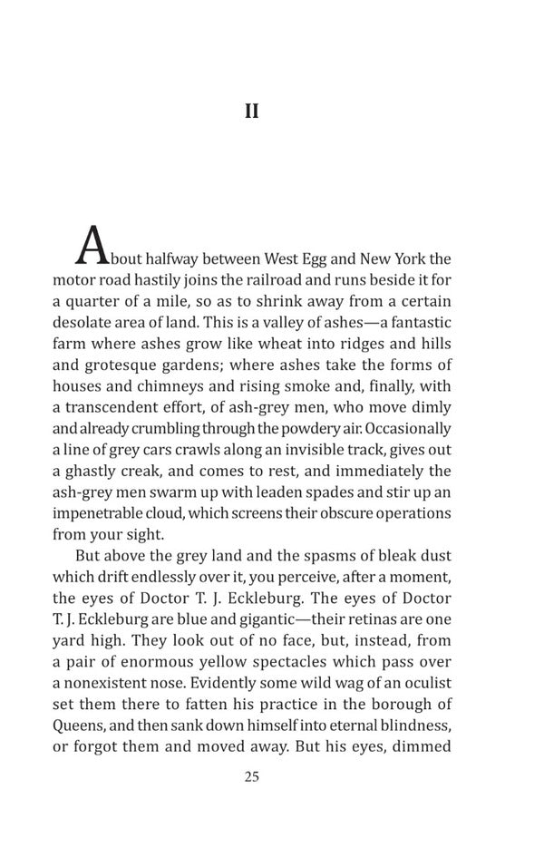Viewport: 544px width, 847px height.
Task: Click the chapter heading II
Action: click(x=252, y=112)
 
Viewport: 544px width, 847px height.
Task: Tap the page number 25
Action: click(x=252, y=776)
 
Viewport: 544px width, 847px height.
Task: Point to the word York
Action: click(x=408, y=258)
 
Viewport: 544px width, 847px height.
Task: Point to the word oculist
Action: click(x=425, y=684)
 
